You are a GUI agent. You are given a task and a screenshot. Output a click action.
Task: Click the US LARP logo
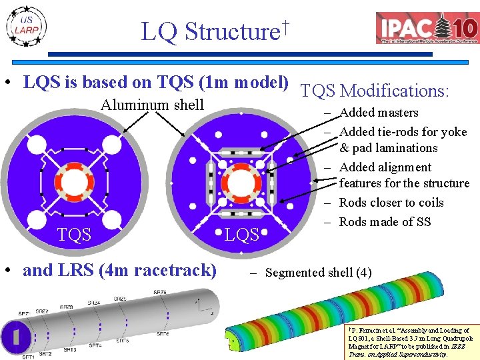click(27, 27)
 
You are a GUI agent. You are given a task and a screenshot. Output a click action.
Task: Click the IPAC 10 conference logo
click(427, 29)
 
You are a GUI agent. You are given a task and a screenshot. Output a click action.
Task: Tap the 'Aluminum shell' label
click(152, 105)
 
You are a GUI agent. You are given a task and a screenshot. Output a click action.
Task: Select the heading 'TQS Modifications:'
click(375, 91)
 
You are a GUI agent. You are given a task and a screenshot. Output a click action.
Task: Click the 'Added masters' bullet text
click(379, 113)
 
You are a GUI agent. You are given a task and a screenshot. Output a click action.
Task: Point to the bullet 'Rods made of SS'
click(385, 222)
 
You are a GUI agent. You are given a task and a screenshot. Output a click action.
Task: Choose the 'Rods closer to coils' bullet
click(391, 203)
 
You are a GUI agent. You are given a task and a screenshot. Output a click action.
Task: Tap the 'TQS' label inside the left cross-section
click(73, 234)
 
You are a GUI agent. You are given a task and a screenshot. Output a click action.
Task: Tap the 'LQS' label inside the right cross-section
click(241, 235)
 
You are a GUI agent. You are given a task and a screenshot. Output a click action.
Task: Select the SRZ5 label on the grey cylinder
click(120, 299)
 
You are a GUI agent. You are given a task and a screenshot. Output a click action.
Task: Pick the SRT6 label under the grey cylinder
click(163, 334)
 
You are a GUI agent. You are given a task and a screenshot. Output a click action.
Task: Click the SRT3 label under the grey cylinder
click(69, 349)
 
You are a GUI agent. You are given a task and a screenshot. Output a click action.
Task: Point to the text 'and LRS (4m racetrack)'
click(119, 271)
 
